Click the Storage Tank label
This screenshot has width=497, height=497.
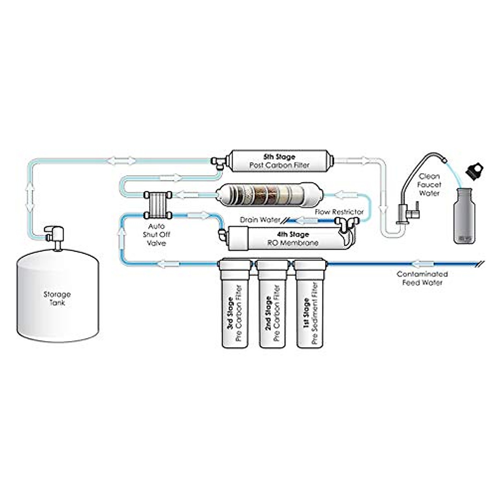(x=57, y=299)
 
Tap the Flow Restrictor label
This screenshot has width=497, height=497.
(x=339, y=212)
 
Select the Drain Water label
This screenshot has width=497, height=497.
(x=260, y=220)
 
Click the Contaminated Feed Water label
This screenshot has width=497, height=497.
(x=422, y=278)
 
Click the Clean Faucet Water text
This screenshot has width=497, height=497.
(x=429, y=185)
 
